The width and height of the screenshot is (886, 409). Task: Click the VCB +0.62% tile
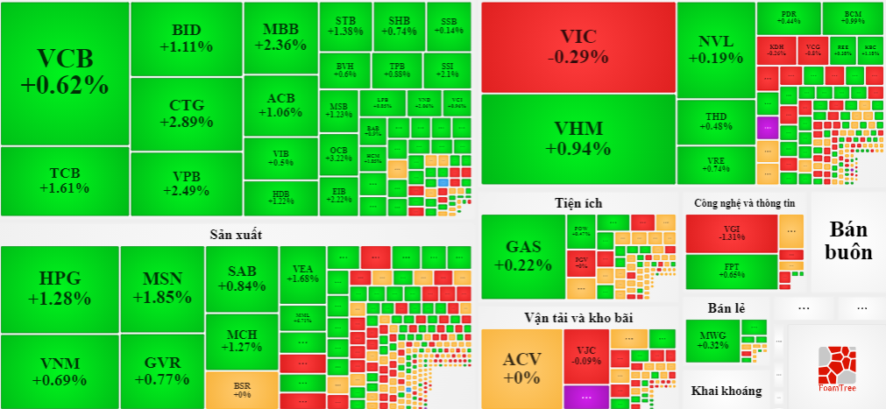pos(65,73)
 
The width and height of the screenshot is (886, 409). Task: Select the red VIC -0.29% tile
pos(578,46)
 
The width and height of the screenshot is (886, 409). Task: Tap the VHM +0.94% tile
pos(578,138)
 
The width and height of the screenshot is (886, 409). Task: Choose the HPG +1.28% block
pos(60,288)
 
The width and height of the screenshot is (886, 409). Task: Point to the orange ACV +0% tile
pos(521,368)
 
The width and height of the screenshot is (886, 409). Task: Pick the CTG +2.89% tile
pos(186,114)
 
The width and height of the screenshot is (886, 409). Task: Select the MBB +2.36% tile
pos(280,38)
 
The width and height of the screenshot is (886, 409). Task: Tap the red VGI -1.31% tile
pos(731,233)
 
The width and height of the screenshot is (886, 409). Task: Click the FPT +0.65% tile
pos(731,271)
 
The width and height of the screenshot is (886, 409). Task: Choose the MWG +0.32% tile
pos(712,340)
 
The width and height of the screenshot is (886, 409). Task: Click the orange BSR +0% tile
pos(242,389)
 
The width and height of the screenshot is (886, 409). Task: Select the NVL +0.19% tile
pos(716,49)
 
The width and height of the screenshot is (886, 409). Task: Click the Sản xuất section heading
pos(236,235)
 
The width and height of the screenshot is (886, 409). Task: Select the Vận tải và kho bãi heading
pos(578,317)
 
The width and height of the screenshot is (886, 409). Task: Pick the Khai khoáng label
pos(727,391)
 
